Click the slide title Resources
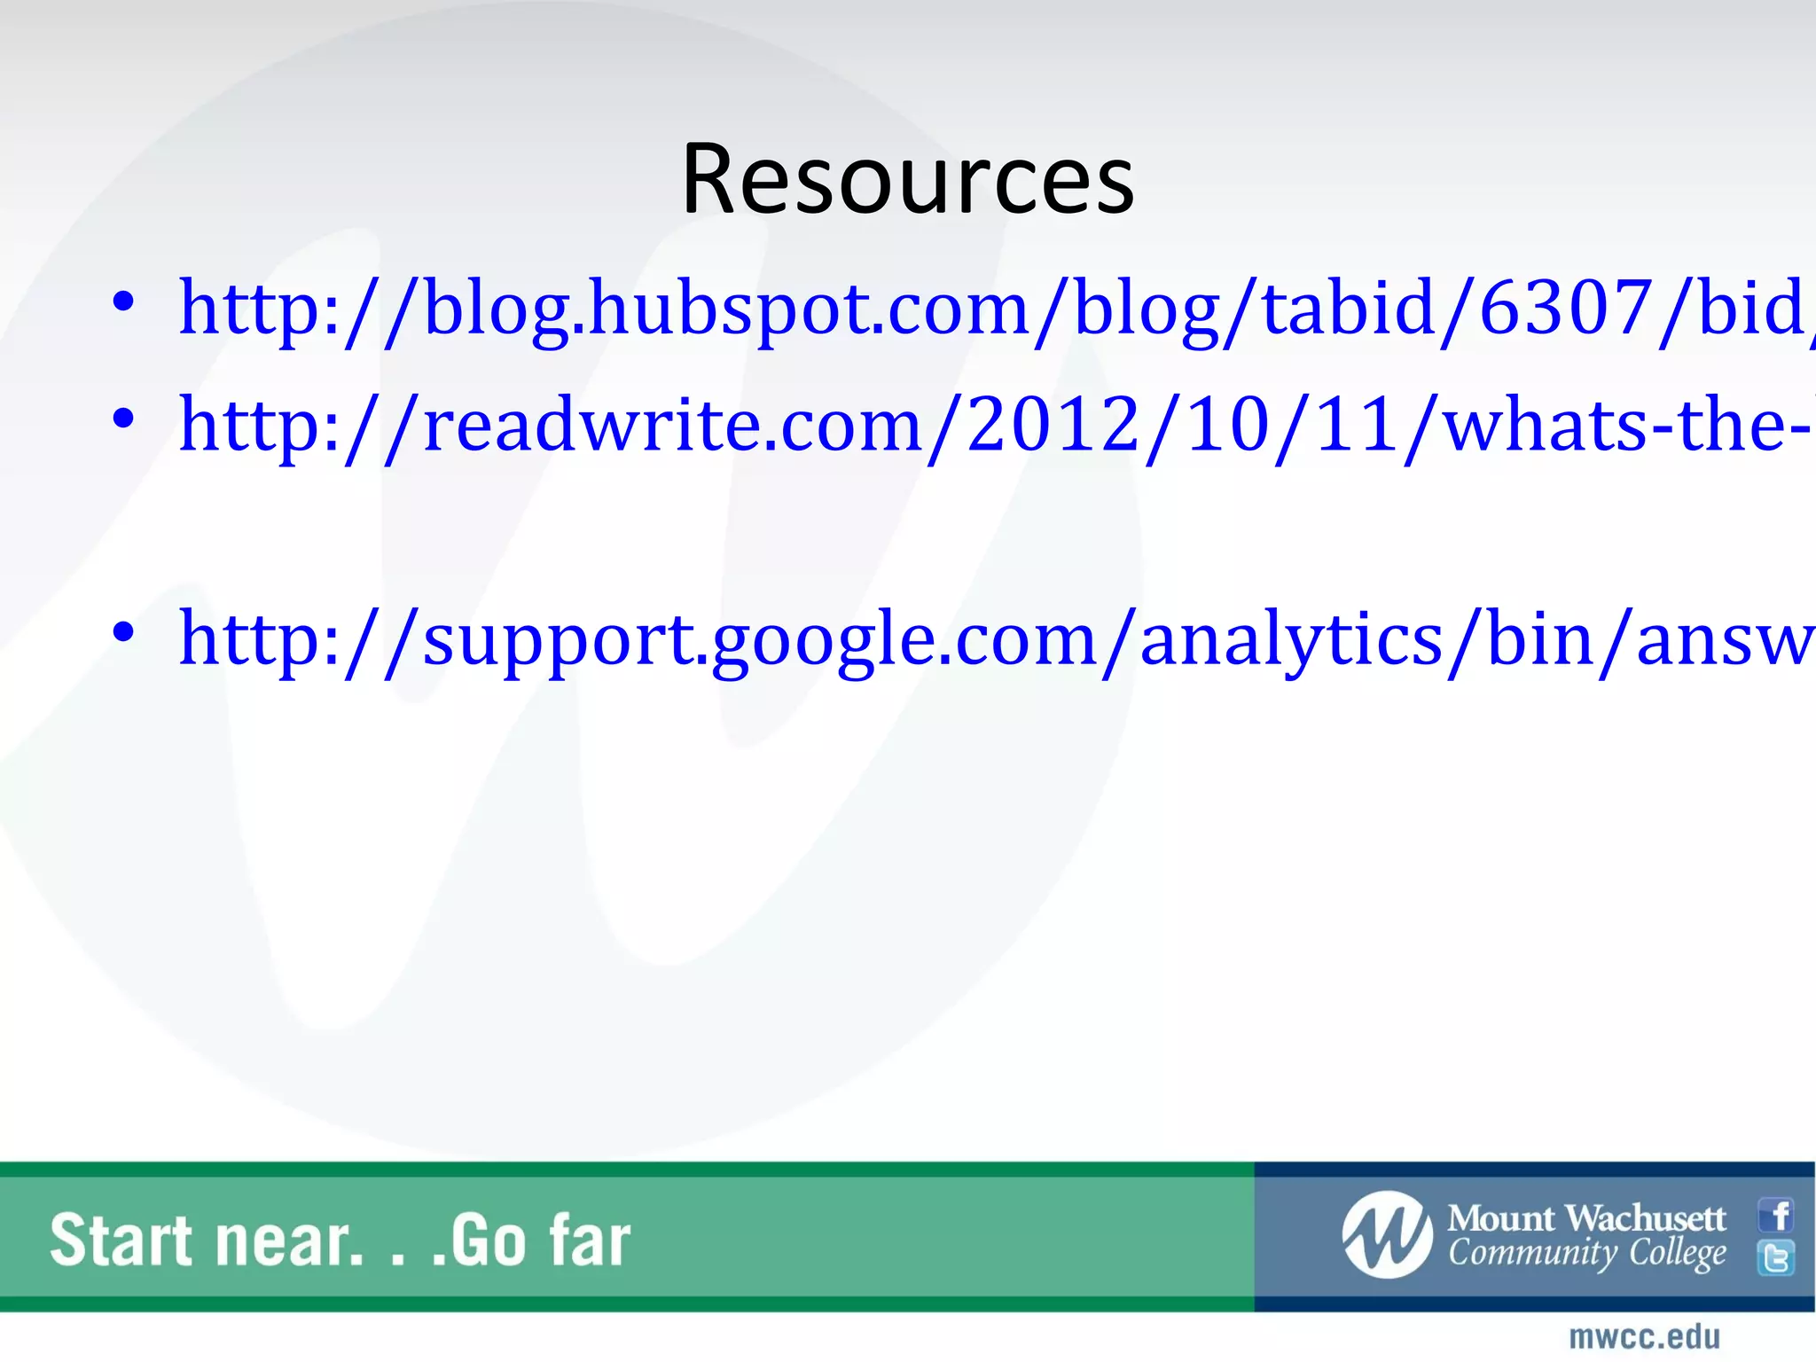coord(907,180)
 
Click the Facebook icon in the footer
coord(1776,1216)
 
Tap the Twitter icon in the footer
coord(1776,1257)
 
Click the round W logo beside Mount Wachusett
coord(1387,1235)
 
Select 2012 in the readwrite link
coord(1053,425)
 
